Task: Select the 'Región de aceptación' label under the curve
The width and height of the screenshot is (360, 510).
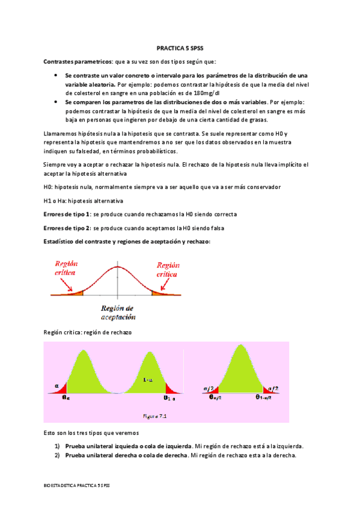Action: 118,313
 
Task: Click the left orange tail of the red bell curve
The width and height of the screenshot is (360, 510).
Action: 77,292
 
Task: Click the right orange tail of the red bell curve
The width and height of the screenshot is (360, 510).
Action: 159,293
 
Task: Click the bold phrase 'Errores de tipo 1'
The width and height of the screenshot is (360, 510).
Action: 67,214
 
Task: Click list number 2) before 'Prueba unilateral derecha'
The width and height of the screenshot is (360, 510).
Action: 57,456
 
